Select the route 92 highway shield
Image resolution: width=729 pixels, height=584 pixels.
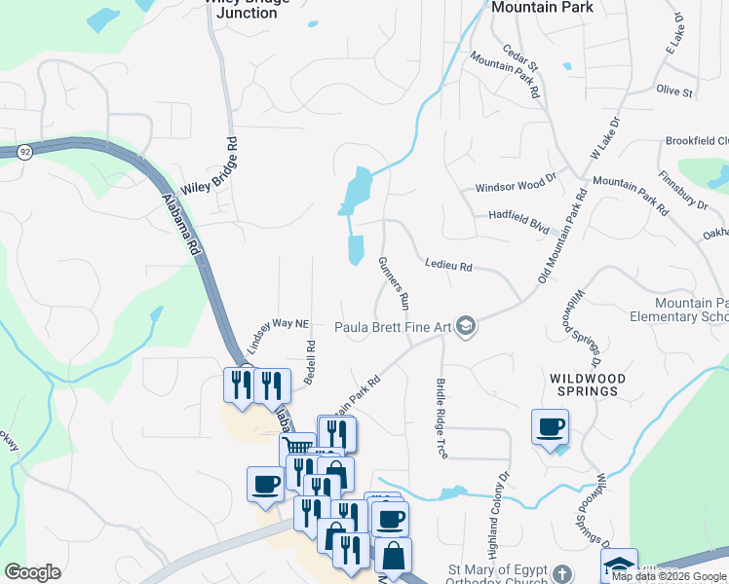click(23, 152)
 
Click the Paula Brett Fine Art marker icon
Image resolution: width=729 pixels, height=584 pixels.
click(466, 326)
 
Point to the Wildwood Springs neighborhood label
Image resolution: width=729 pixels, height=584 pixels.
click(584, 383)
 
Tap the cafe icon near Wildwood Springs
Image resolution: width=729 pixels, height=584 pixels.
click(551, 426)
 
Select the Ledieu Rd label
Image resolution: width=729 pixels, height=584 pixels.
click(448, 266)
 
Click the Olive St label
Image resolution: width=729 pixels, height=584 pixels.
click(674, 91)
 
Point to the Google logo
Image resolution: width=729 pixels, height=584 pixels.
click(33, 572)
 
